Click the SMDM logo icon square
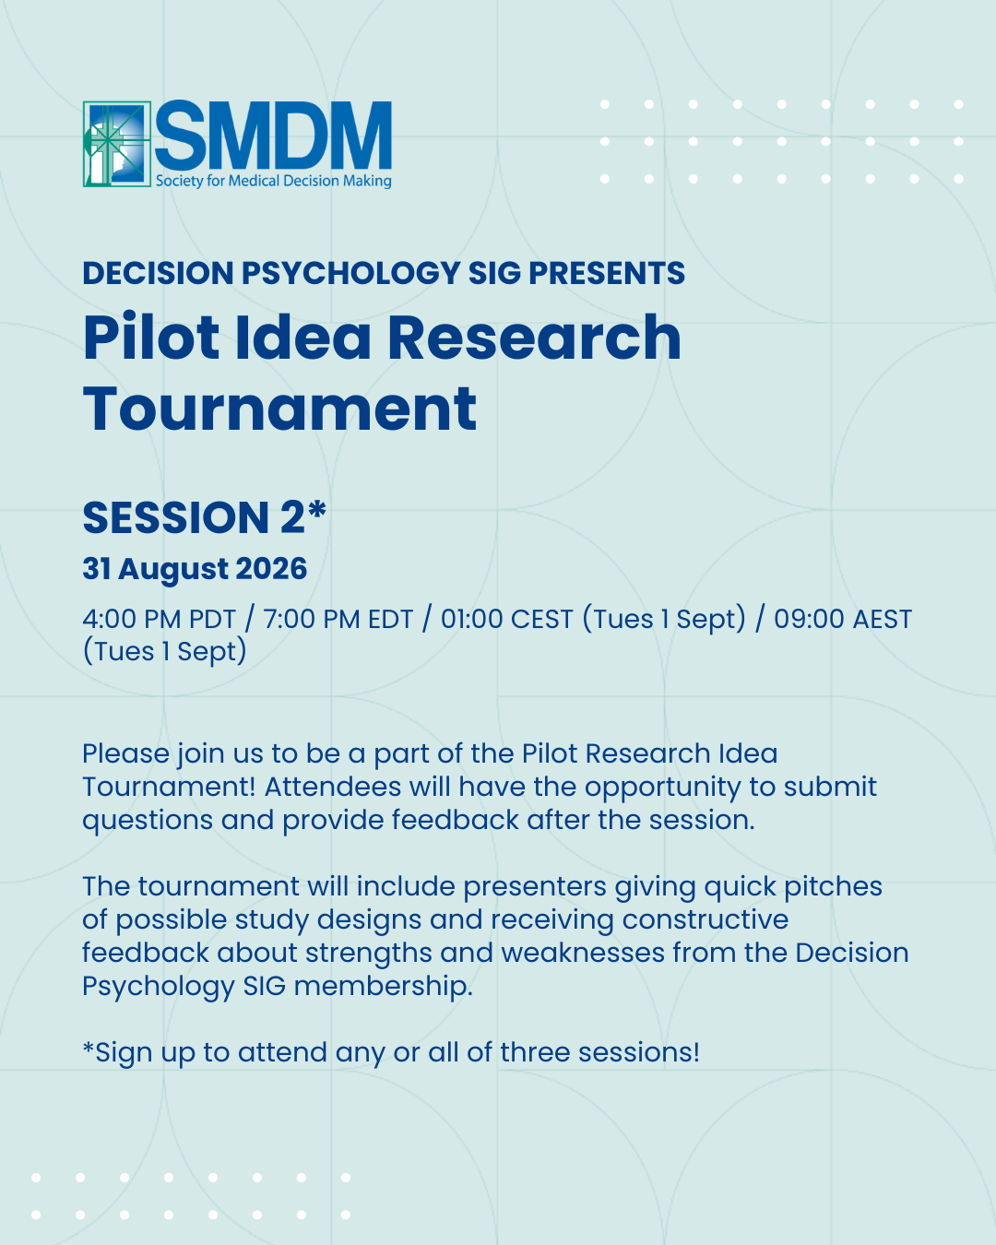(x=117, y=144)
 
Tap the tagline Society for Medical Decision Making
(x=273, y=181)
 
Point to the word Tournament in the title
(x=279, y=409)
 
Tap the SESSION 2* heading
(x=205, y=516)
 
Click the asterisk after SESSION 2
(x=316, y=509)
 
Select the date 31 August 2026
(x=195, y=569)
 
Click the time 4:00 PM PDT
(x=160, y=619)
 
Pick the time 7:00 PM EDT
(x=338, y=619)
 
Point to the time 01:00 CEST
(x=507, y=619)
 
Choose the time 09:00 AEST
(x=843, y=619)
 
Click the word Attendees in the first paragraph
(x=333, y=787)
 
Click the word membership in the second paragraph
(x=383, y=986)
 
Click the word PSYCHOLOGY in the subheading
(x=350, y=273)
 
